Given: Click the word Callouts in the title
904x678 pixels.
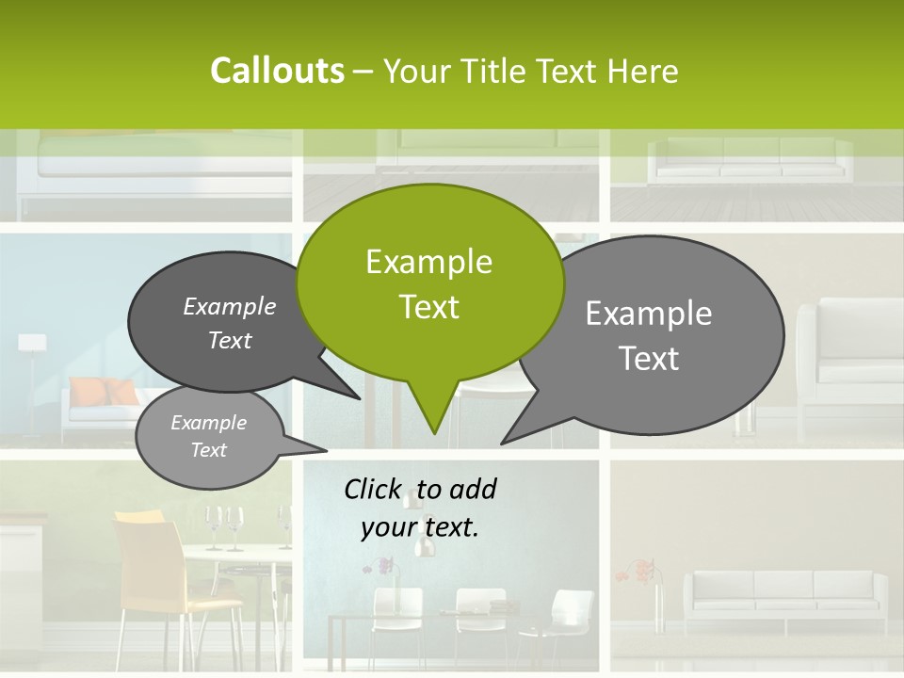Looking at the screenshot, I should pyautogui.click(x=277, y=71).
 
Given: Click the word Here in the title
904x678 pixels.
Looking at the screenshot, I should pyautogui.click(x=643, y=72).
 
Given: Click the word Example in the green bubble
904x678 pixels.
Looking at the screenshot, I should pyautogui.click(x=428, y=262).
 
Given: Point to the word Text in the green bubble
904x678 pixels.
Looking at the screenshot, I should pyautogui.click(x=428, y=307).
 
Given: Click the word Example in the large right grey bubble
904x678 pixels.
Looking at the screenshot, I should pyautogui.click(x=649, y=314).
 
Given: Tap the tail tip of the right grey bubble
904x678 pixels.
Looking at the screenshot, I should pyautogui.click(x=507, y=440).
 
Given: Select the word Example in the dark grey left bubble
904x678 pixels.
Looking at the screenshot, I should pyautogui.click(x=229, y=307).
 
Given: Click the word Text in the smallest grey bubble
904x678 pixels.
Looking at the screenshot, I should pyautogui.click(x=208, y=450).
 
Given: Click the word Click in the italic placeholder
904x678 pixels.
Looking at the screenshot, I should pyautogui.click(x=373, y=489).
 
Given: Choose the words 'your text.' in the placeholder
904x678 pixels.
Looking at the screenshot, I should pyautogui.click(x=420, y=527).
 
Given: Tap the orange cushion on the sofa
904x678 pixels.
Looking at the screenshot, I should pyautogui.click(x=100, y=391).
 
